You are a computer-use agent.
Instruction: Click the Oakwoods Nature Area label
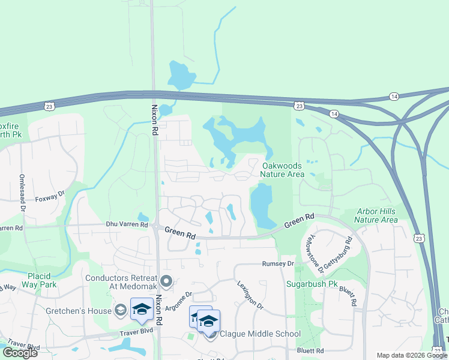tap(282, 169)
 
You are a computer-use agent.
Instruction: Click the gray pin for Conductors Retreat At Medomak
tap(166, 280)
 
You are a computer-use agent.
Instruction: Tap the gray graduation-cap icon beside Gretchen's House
tap(120, 310)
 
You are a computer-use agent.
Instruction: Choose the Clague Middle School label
tap(260, 334)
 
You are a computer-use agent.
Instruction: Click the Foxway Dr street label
tap(50, 197)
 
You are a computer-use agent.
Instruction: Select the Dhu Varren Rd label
tap(127, 224)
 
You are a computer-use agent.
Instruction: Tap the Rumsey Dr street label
tap(278, 263)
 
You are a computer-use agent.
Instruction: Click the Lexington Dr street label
tap(250, 295)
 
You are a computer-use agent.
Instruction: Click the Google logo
tap(20, 352)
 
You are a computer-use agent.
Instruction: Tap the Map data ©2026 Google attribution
tap(412, 355)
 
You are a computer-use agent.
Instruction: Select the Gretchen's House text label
tap(79, 311)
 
